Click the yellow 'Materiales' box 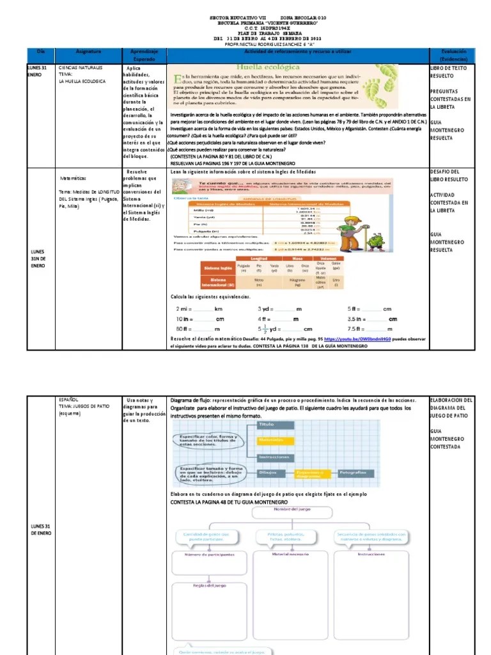[x=276, y=440]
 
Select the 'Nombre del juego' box [x=291, y=510]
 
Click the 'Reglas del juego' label [x=209, y=584]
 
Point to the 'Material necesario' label [x=290, y=554]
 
